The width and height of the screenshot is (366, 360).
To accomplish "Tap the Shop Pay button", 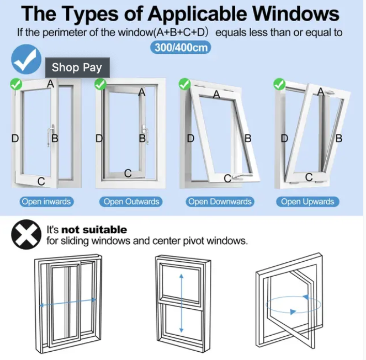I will [x=77, y=67].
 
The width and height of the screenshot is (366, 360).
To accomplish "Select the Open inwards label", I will [x=46, y=202].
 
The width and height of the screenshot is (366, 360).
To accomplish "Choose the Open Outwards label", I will [x=131, y=202].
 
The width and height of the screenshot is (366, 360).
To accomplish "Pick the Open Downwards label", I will [x=219, y=202].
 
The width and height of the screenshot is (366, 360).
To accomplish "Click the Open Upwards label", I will [x=308, y=202].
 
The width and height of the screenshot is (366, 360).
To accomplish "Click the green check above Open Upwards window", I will [x=280, y=83].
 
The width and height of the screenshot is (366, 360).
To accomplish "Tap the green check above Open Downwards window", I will [x=184, y=83].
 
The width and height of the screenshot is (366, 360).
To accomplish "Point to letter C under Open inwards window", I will [x=41, y=182].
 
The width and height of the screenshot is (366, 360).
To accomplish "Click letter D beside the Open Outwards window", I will [x=99, y=138].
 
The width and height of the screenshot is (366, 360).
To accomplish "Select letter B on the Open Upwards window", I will [x=339, y=138].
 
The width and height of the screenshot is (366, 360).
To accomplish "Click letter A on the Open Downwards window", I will [x=217, y=94].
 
